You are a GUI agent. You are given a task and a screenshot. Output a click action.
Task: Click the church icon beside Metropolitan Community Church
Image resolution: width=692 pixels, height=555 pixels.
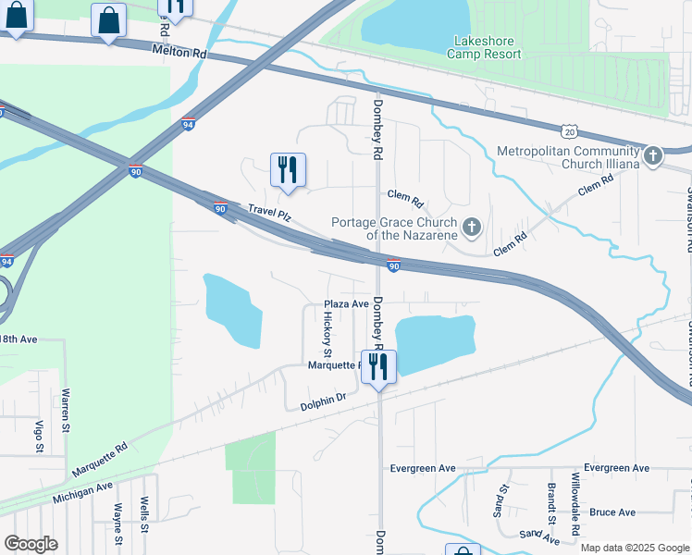click(x=654, y=155)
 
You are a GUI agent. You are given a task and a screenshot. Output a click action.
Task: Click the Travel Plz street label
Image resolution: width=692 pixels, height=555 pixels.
click(x=269, y=214)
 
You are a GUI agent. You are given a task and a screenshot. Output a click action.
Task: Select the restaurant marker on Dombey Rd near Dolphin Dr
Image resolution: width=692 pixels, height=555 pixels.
click(x=378, y=367)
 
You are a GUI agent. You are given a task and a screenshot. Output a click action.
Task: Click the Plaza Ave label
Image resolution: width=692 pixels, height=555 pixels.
click(x=346, y=303)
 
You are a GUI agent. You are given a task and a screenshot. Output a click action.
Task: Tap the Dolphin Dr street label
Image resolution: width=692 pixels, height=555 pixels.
click(x=323, y=402)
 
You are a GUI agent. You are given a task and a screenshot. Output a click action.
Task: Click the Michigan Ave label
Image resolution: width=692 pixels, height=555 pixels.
click(x=82, y=492)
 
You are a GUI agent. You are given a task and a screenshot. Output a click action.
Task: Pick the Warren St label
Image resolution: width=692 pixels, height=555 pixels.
click(x=66, y=410)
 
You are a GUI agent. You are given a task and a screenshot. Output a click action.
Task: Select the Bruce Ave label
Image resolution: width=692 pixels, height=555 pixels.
click(x=612, y=512)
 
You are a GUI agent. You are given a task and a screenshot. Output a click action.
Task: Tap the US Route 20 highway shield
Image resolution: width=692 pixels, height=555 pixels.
click(x=569, y=132)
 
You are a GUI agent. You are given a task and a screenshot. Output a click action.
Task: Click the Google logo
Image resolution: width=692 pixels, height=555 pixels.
click(x=31, y=544)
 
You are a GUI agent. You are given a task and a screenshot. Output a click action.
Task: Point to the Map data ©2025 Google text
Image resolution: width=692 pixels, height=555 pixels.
click(x=634, y=548)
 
